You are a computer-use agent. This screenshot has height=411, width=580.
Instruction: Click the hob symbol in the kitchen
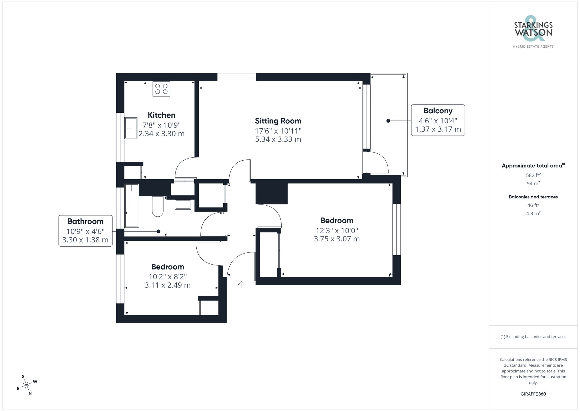[x=161, y=89]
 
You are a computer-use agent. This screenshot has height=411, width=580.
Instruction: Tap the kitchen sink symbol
[x=131, y=128]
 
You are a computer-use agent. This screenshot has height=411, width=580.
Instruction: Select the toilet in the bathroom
[x=158, y=207]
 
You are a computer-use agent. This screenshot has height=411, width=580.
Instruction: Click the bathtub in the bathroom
[x=132, y=205]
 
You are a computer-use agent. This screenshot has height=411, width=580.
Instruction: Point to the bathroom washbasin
[x=183, y=204]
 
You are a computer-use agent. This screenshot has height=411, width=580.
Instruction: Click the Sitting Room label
[x=278, y=121]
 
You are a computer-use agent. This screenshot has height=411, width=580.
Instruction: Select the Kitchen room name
[x=162, y=115]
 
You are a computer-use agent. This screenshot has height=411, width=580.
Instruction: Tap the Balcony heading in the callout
[x=438, y=111]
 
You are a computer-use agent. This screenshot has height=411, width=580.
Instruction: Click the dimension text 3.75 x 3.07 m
[x=336, y=239]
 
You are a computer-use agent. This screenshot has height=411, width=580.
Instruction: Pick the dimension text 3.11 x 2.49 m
[x=167, y=285]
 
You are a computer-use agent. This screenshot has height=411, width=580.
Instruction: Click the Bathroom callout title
[x=85, y=221]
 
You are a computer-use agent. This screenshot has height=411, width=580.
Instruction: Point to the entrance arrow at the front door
[x=241, y=284]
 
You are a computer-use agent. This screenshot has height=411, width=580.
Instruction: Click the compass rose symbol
[x=27, y=385]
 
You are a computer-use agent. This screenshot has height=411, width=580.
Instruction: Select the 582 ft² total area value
[x=533, y=175]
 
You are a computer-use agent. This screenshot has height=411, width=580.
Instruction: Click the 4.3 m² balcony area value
[x=533, y=213]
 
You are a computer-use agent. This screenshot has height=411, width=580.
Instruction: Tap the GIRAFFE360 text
[x=533, y=394]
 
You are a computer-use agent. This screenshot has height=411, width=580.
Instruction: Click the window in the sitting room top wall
[x=237, y=77]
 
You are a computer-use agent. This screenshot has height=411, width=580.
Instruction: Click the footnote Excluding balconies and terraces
[x=533, y=337]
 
